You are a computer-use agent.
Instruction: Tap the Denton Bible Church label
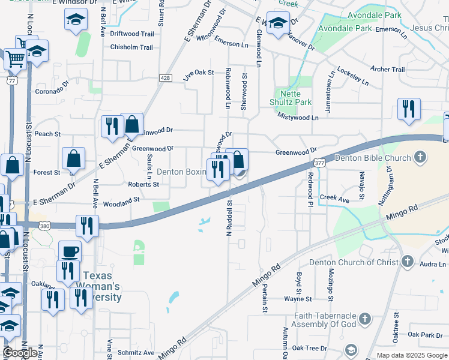pos(372,158)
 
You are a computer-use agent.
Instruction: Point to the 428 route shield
pos(166,78)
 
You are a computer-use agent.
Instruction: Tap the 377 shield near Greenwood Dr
pos(318,163)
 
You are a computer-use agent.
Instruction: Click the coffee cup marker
pos(70,251)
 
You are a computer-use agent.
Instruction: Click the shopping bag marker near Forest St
pos(73,159)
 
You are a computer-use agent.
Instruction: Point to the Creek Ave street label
pos(335,197)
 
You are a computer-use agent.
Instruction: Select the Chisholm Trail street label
pos(131,47)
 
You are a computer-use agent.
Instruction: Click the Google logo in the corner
pos(20,353)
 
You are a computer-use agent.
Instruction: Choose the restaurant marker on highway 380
pos(87,226)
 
